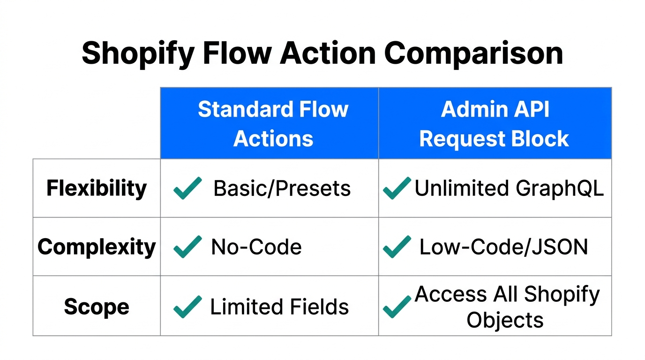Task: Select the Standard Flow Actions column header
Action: click(273, 124)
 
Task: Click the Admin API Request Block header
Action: click(495, 124)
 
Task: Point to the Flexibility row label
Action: click(97, 188)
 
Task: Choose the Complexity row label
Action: click(97, 247)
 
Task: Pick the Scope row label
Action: click(97, 307)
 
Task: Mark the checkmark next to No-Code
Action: click(187, 247)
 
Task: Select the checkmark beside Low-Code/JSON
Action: click(397, 247)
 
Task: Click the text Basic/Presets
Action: click(282, 188)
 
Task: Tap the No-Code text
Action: click(256, 247)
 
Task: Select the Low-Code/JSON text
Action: click(503, 247)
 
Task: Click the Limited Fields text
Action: click(279, 307)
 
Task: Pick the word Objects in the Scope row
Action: click(505, 320)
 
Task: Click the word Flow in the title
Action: click(237, 53)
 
